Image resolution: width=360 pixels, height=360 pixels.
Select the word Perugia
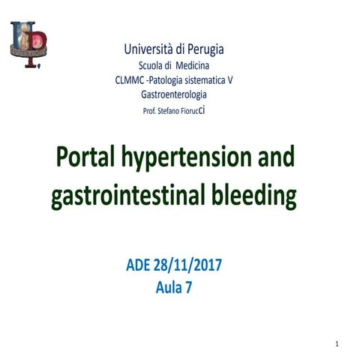point(204,49)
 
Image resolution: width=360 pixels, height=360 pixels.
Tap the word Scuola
point(154,66)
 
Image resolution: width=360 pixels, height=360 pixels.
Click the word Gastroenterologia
point(174,94)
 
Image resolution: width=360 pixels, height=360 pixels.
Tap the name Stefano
point(169,110)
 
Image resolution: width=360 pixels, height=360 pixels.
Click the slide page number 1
point(338,343)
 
